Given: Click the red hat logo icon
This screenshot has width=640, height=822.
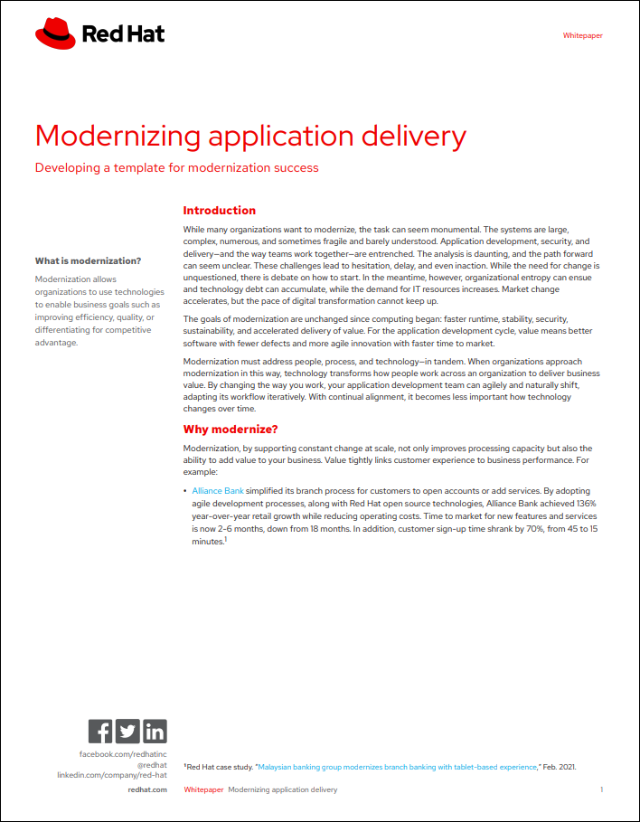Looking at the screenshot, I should [x=55, y=34].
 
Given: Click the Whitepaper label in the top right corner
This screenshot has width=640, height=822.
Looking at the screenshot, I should [x=582, y=36].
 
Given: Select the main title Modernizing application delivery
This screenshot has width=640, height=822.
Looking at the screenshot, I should [x=250, y=136].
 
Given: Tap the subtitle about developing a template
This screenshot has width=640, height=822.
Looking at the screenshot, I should [x=176, y=167].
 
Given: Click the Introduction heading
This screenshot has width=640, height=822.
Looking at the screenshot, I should [x=219, y=211].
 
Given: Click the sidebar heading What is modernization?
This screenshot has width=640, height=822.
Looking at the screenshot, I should [x=88, y=261].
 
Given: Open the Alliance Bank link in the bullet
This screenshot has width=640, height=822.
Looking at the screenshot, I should [x=218, y=490].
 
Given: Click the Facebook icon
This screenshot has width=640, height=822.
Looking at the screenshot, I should [x=100, y=731].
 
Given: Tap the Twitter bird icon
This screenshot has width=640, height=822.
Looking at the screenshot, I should [x=127, y=731].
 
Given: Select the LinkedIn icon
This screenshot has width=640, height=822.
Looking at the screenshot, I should [x=155, y=731].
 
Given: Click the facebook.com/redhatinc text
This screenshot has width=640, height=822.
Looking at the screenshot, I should [x=123, y=753].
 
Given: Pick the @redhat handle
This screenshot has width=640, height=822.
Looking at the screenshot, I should [x=151, y=764].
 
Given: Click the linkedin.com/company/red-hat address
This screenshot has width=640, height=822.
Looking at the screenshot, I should [x=112, y=775].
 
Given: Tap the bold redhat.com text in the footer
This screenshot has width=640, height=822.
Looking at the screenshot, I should [x=147, y=789].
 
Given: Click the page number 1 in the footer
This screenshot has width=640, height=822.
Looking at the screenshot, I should [x=601, y=789].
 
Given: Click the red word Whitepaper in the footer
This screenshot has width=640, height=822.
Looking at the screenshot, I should [x=203, y=789].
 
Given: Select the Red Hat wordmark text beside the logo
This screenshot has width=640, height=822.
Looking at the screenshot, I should [x=123, y=35].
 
